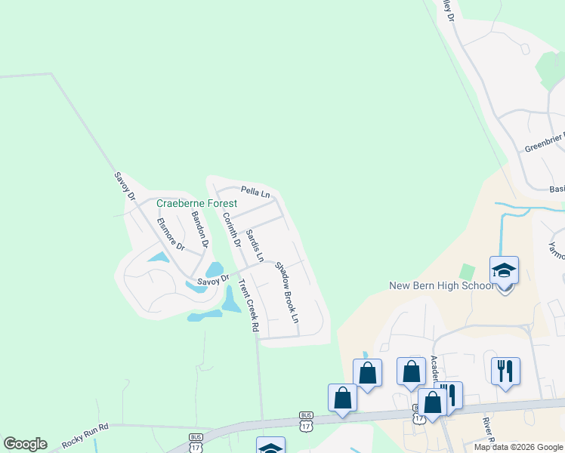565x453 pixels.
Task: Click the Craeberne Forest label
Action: [196, 203]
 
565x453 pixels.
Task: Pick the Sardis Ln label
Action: [255, 245]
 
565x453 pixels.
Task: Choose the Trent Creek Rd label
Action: [249, 307]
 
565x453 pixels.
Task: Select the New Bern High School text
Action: [441, 285]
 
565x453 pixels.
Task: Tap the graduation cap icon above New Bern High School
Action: [504, 270]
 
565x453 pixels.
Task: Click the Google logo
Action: [25, 444]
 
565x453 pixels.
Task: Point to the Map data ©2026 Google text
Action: [518, 447]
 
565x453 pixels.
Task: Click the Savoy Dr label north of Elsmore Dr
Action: [124, 186]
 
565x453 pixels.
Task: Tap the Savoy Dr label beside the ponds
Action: [212, 281]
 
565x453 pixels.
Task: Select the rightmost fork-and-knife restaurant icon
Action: [505, 371]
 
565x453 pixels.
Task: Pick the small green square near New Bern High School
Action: [468, 270]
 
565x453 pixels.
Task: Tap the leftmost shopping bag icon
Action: [342, 398]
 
